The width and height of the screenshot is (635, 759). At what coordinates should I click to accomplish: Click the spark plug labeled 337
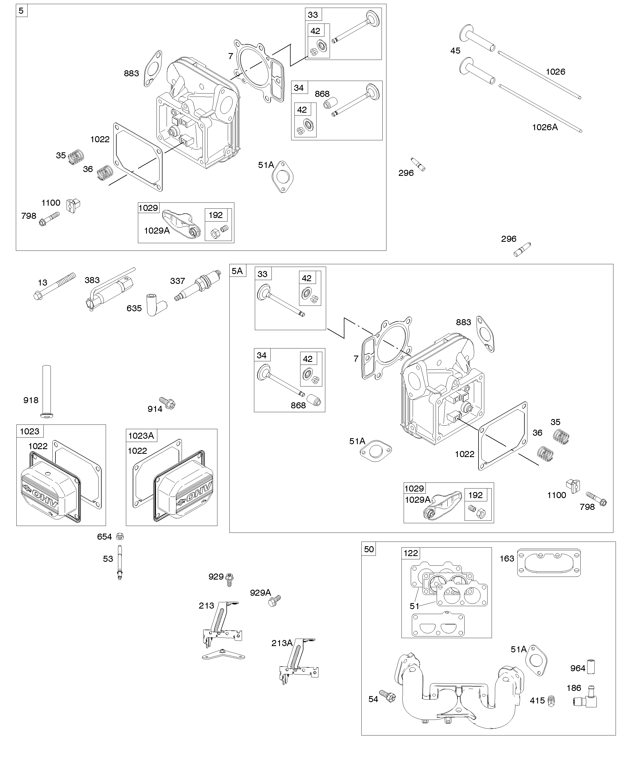coord(198,286)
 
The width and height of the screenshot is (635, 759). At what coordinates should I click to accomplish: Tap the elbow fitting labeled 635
coord(156,305)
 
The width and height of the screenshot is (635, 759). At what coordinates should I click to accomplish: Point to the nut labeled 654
coord(120,536)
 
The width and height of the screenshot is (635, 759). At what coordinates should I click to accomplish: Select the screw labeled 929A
coord(275,601)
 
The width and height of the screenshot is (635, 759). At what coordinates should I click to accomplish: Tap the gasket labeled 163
coord(549,562)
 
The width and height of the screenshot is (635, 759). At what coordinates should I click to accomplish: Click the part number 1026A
coord(545,127)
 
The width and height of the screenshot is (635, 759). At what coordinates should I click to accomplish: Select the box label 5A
coord(237,271)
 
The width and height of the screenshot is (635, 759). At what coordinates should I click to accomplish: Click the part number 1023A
coord(141,435)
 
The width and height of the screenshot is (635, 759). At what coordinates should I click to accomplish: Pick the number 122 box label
coord(411,553)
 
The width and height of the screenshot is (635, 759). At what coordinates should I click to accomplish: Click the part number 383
coord(92,280)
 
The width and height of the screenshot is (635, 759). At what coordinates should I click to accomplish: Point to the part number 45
coord(455,51)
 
